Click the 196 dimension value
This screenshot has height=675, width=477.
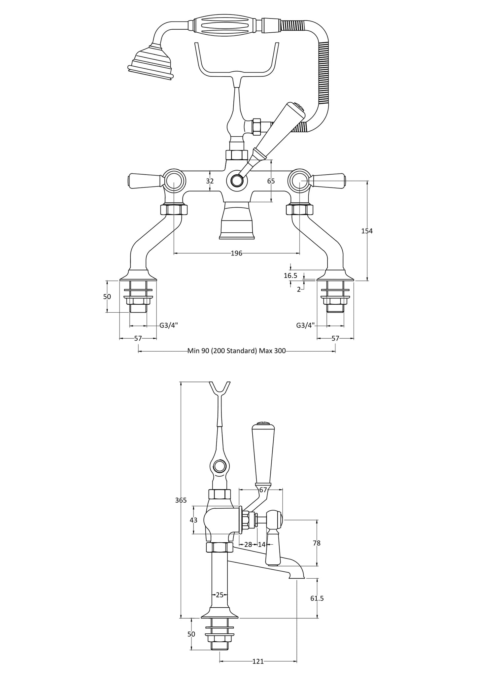coord(236,253)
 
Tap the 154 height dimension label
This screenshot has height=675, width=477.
coord(367,231)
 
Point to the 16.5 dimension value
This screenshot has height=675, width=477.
coord(290,275)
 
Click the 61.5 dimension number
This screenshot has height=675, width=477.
coord(317,598)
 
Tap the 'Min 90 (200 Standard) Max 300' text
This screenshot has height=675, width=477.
coord(236,351)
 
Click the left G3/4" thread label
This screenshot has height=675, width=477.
coord(169,325)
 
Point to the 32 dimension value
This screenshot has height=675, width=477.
coord(210,181)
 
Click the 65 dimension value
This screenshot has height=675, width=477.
coord(271,181)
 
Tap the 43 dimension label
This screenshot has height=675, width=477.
coord(193,520)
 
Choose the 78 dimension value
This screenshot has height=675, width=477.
coord(317,543)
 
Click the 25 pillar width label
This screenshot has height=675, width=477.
coord(220,594)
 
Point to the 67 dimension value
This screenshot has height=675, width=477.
coord(263,490)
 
